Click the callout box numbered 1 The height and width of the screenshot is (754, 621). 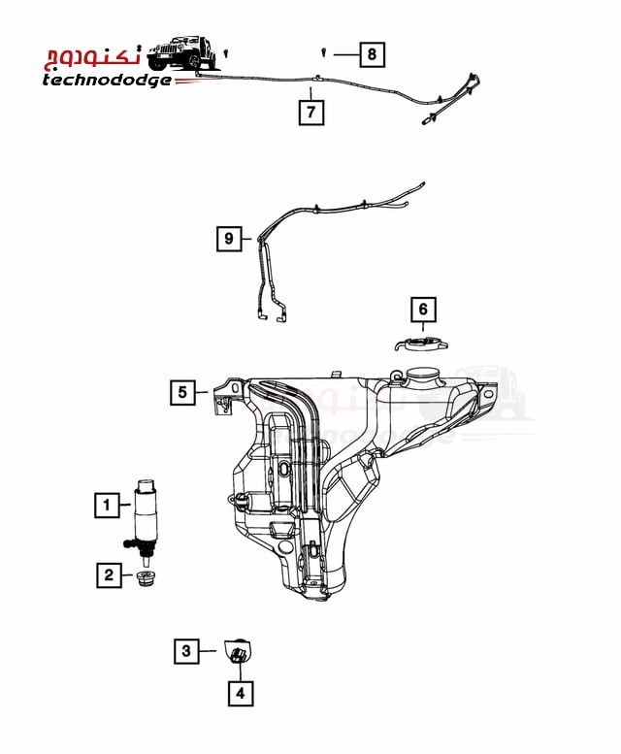(x=107, y=505)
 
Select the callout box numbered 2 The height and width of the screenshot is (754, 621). (x=109, y=574)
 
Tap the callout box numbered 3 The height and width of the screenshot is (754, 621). (x=186, y=651)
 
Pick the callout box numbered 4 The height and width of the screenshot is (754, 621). (x=241, y=693)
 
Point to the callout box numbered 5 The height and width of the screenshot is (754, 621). (x=182, y=392)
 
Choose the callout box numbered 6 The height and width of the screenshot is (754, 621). (x=423, y=309)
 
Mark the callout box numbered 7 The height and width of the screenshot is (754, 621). (x=310, y=112)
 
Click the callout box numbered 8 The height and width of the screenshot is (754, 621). (x=372, y=54)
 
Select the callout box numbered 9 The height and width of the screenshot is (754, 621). (x=229, y=238)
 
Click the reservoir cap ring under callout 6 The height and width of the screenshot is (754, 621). (x=421, y=344)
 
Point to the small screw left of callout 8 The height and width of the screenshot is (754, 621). (x=323, y=52)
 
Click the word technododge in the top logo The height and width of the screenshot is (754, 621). (x=106, y=81)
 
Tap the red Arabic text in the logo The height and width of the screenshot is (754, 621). (x=93, y=56)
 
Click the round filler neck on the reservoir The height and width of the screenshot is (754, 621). (x=422, y=377)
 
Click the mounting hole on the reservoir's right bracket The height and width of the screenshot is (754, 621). (x=488, y=394)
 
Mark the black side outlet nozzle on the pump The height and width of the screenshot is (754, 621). (x=130, y=543)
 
